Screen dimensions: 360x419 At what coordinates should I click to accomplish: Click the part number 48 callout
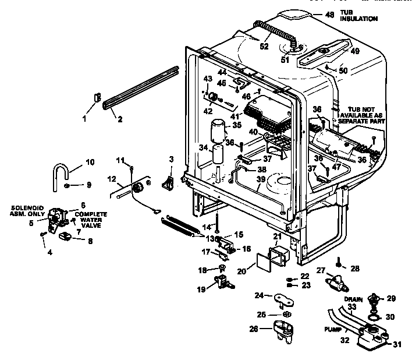point(330,15)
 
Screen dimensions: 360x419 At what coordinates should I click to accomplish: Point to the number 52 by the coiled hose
point(264,47)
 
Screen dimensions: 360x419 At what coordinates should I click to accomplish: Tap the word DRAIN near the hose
point(359,300)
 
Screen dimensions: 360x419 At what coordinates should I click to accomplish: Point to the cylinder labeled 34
point(218,156)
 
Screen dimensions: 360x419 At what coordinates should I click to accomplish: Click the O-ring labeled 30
point(376,317)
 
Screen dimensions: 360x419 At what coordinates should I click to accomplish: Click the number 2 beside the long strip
point(119,121)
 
